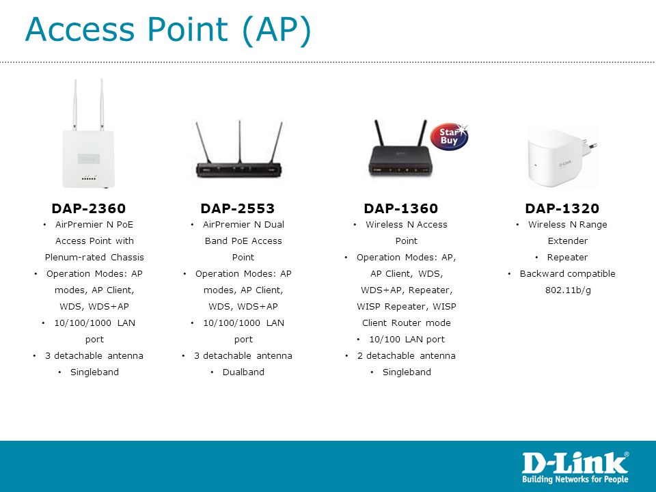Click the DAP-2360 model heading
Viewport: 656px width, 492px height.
tap(89, 208)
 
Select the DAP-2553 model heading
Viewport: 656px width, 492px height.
tap(238, 208)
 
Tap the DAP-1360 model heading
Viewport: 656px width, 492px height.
tap(401, 208)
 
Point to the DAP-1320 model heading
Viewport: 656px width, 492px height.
tap(562, 208)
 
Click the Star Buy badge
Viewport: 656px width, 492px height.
tap(450, 137)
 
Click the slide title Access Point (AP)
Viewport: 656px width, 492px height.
tap(168, 29)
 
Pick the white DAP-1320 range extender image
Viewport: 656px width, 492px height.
tap(562, 157)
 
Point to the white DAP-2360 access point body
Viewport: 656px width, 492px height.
tap(88, 159)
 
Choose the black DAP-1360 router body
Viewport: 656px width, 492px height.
tap(399, 161)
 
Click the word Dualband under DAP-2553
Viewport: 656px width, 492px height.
tap(243, 372)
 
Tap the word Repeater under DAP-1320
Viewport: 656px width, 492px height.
tap(567, 258)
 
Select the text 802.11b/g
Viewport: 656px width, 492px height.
tap(568, 290)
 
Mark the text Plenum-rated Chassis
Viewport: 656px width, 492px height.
tap(94, 258)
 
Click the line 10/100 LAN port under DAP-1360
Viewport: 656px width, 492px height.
tap(407, 340)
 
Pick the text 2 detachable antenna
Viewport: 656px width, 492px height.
tap(406, 355)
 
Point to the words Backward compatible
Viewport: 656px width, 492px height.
tap(567, 273)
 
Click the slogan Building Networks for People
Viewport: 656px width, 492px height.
tap(575, 479)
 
